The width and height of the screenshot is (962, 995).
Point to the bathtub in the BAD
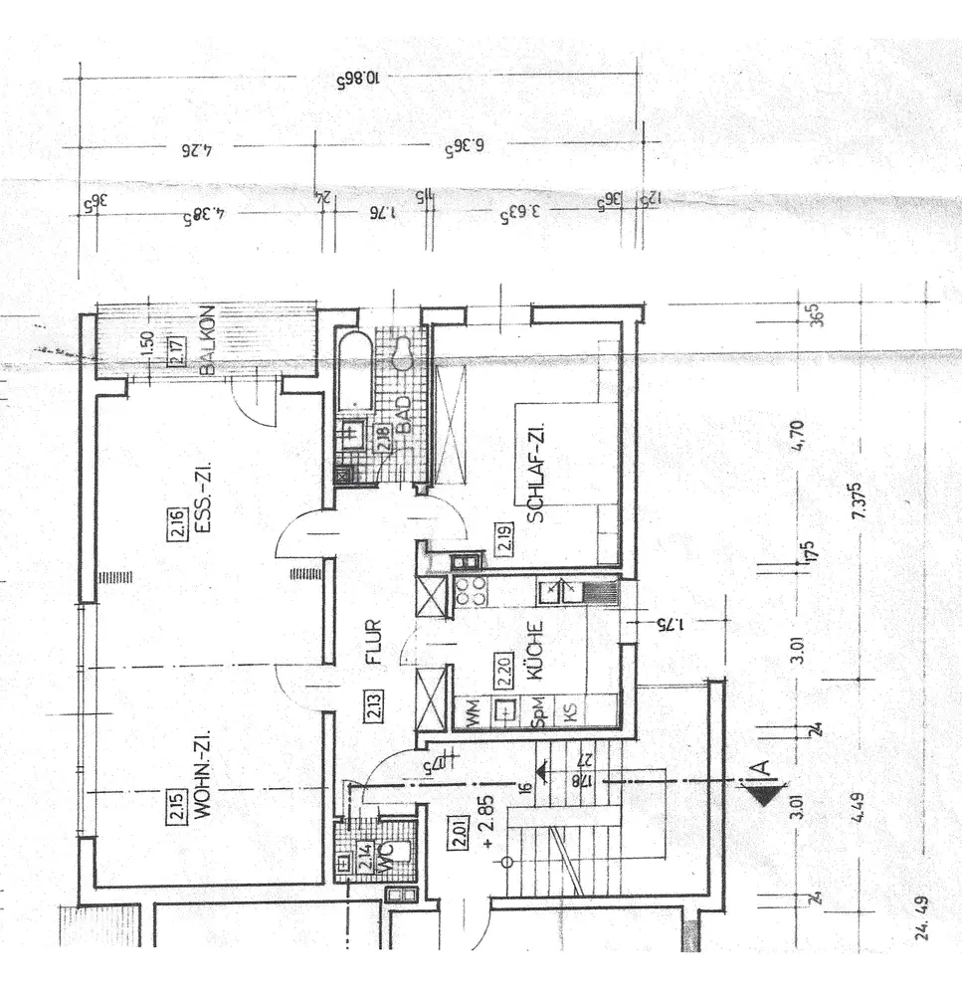point(354,372)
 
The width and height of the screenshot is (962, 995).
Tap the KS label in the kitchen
point(570,711)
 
